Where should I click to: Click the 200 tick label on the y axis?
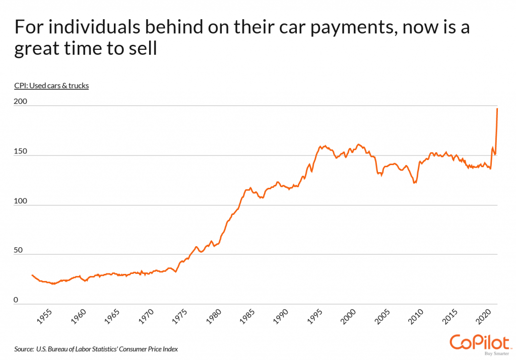pos(21,102)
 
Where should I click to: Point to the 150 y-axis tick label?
pos(21,152)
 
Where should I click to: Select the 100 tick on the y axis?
pos(21,201)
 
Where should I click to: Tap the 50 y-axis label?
pos(19,250)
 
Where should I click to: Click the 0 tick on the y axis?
pos(16,300)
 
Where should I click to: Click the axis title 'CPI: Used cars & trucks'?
pos(51,86)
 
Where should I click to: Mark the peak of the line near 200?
pos(497,108)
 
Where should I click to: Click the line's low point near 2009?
pos(414,183)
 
